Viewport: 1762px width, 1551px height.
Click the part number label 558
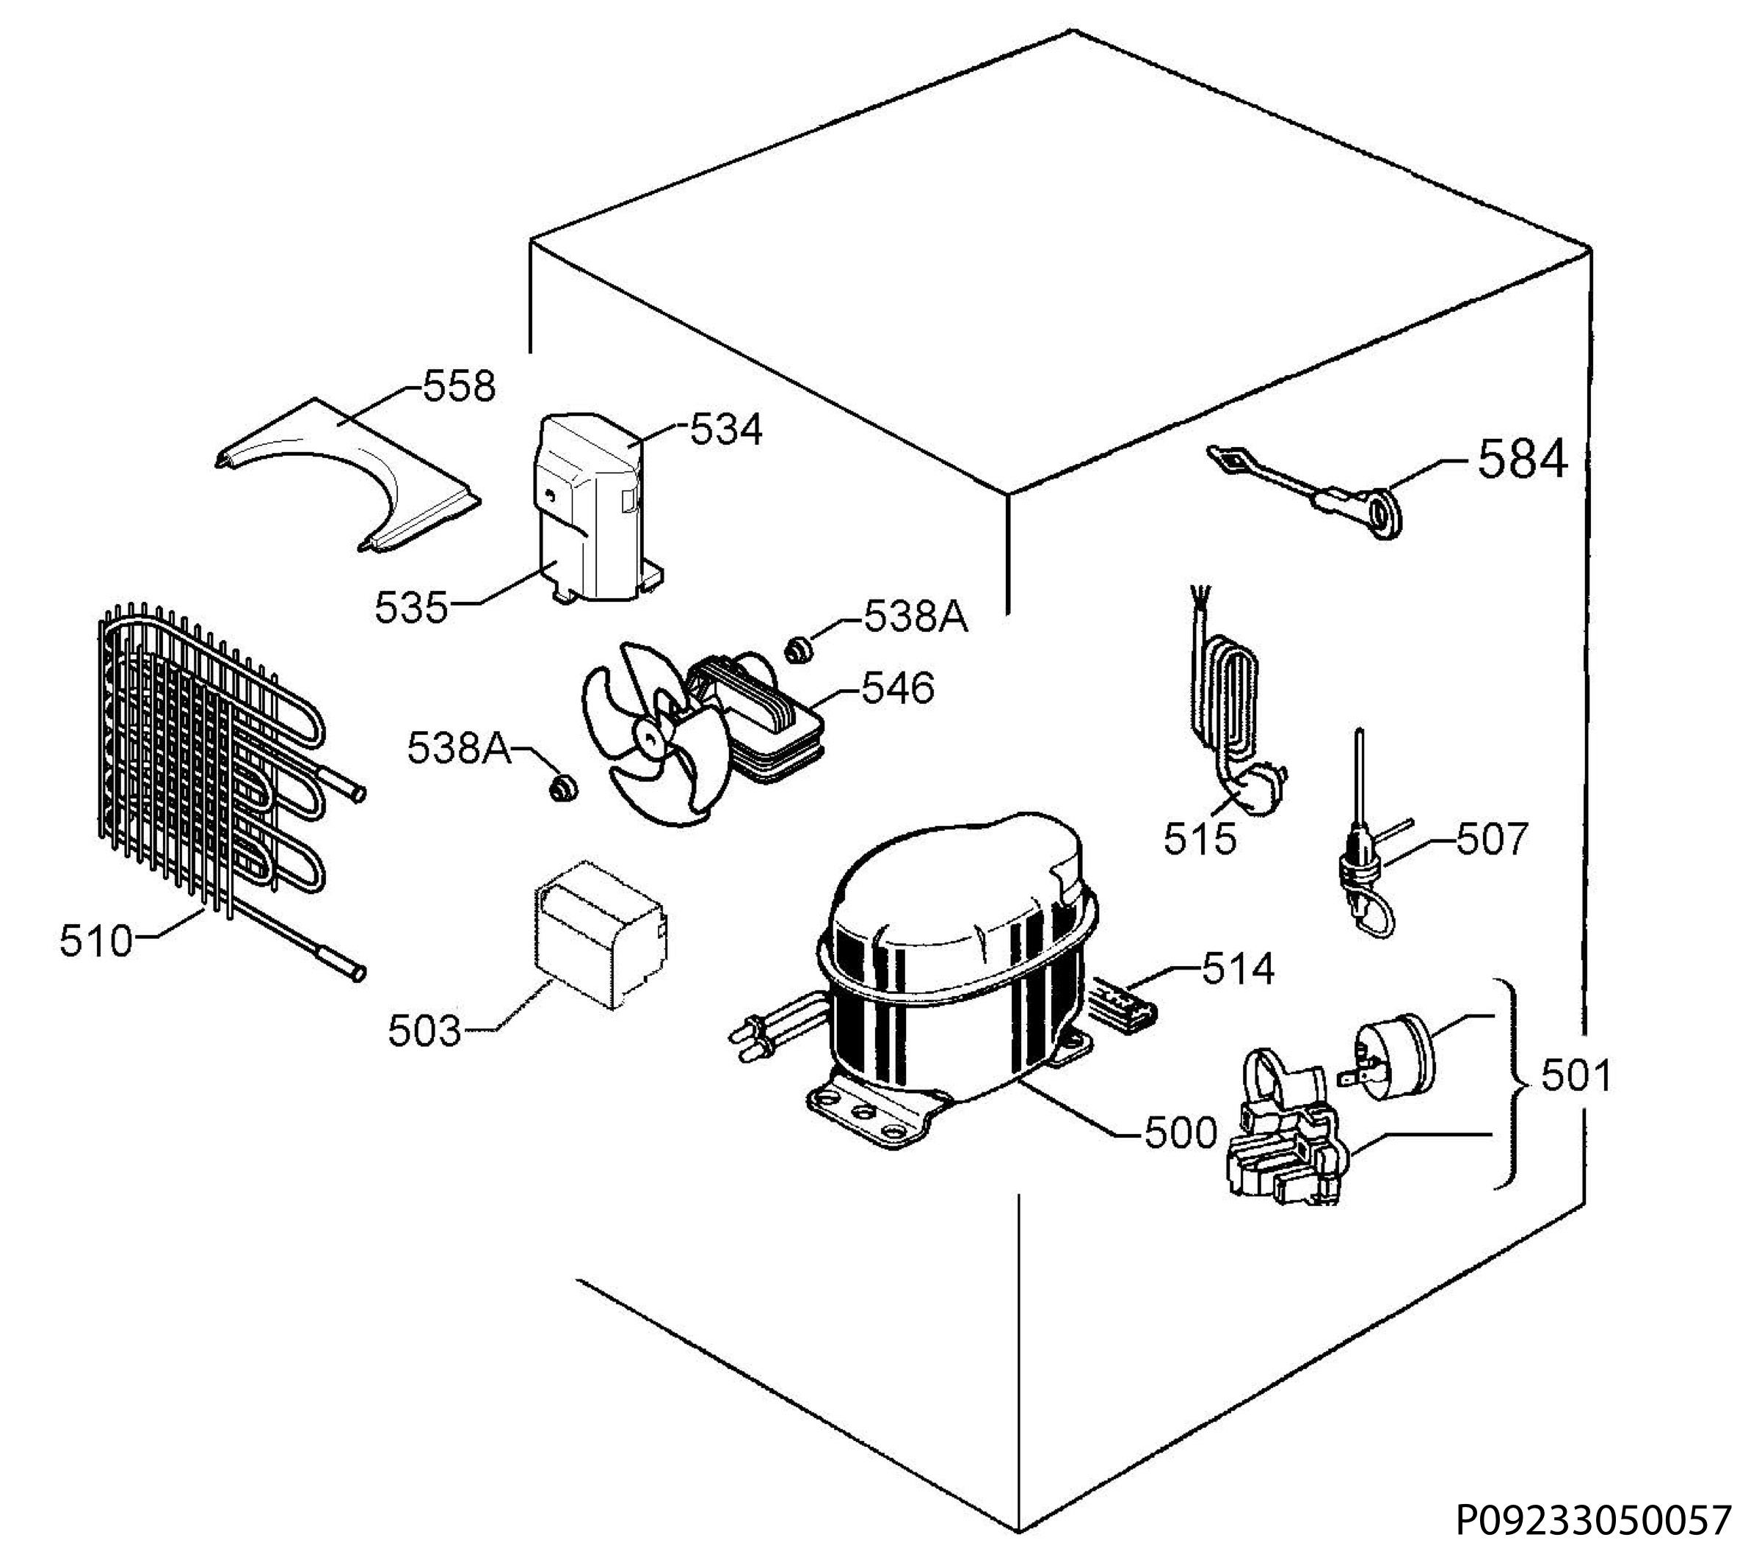pos(459,387)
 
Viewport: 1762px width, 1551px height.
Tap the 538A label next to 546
pos(916,617)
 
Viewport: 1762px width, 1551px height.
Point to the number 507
pos(1492,838)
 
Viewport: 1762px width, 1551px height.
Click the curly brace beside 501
pos(1515,1084)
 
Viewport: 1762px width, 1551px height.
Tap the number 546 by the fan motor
pos(897,689)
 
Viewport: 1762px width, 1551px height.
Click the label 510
pos(97,941)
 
